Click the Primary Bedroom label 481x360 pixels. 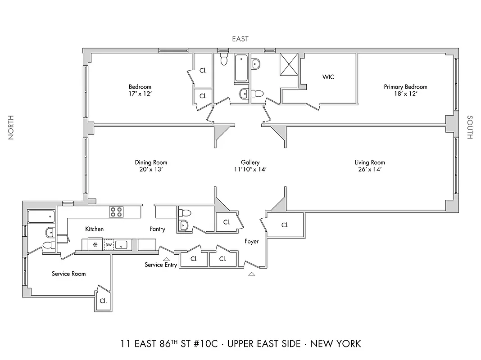click(405, 87)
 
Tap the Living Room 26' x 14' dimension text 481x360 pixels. click(370, 170)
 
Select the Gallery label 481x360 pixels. click(250, 162)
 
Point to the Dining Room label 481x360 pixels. click(151, 162)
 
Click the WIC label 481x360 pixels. click(328, 77)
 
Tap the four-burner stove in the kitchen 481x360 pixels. click(116, 211)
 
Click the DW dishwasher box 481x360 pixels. click(109, 245)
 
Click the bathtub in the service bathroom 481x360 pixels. click(41, 217)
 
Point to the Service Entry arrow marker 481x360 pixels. click(166, 259)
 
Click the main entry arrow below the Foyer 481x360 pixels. click(251, 273)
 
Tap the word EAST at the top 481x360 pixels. click(240, 39)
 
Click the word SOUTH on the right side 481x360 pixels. click(470, 127)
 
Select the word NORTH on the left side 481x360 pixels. click(11, 127)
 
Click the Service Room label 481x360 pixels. click(68, 274)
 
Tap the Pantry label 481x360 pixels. click(157, 229)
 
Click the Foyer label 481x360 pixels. click(251, 242)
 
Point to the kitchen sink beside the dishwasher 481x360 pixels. click(122, 245)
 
